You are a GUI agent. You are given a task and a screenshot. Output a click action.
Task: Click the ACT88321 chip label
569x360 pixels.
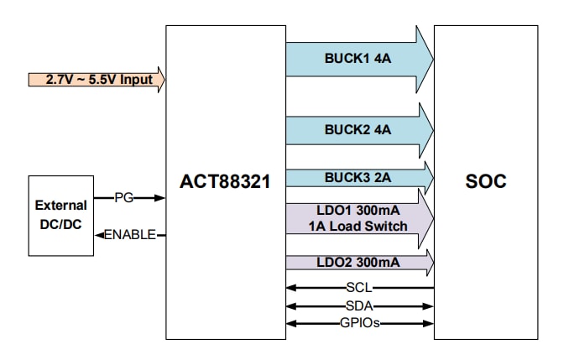225,181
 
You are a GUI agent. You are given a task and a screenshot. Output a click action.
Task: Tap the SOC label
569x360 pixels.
485,181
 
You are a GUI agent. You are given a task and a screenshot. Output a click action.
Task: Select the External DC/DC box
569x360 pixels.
60,216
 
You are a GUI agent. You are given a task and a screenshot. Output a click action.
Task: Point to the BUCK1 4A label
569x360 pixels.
358,59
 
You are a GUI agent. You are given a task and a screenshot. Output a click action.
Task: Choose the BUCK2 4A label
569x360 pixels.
358,129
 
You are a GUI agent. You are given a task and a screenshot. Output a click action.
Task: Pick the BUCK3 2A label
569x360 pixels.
358,177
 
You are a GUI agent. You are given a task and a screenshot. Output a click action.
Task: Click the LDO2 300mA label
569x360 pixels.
358,263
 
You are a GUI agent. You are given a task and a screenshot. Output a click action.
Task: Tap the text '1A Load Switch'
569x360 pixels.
358,226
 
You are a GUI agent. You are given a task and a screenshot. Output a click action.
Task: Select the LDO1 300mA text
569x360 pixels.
358,211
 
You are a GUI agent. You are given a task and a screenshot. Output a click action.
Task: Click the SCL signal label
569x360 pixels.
358,288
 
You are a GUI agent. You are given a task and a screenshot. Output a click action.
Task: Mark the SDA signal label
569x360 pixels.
358,305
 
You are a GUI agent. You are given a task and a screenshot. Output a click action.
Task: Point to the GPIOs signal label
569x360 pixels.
358,323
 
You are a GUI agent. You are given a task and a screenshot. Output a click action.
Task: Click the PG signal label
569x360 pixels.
124,199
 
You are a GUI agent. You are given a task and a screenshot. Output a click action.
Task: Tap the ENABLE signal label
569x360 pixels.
130,235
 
